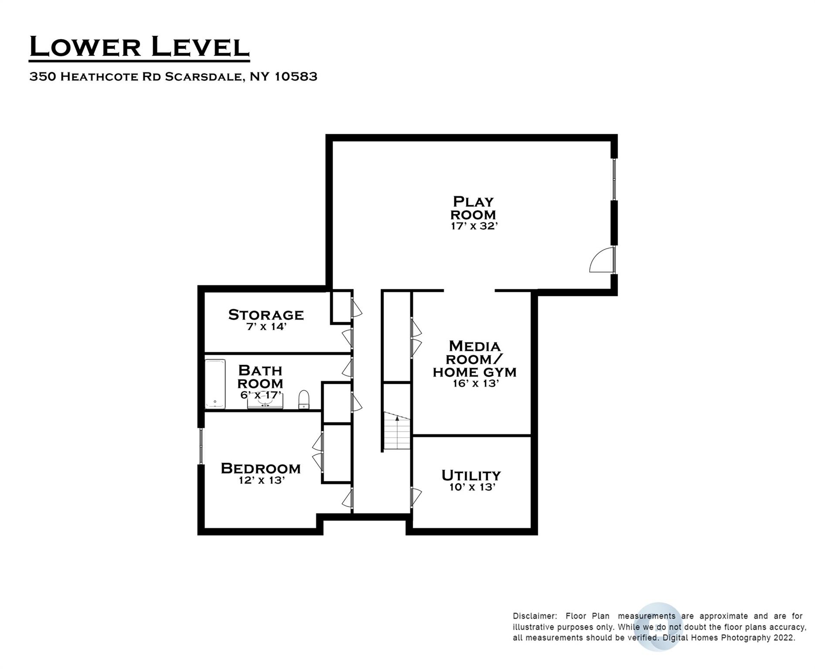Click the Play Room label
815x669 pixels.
coord(473,208)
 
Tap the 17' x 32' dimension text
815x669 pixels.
coord(474,226)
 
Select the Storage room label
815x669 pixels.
coord(266,314)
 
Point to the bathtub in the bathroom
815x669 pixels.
coord(215,384)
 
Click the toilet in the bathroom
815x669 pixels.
coord(304,399)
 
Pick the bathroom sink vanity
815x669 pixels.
coord(265,402)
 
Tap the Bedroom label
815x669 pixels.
coord(261,468)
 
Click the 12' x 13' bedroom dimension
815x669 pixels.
coord(261,480)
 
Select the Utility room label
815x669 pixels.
coord(471,475)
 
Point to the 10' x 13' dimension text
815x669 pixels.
coord(472,487)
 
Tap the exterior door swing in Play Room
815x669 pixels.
coord(601,260)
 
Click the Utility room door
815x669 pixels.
coord(416,498)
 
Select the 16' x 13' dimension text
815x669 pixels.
coord(475,383)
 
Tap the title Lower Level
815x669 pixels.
coord(139,47)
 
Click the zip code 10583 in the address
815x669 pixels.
coord(296,77)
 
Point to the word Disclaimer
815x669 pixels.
coord(535,616)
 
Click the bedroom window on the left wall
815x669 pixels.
coord(201,446)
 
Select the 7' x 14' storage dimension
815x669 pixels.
coord(266,326)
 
